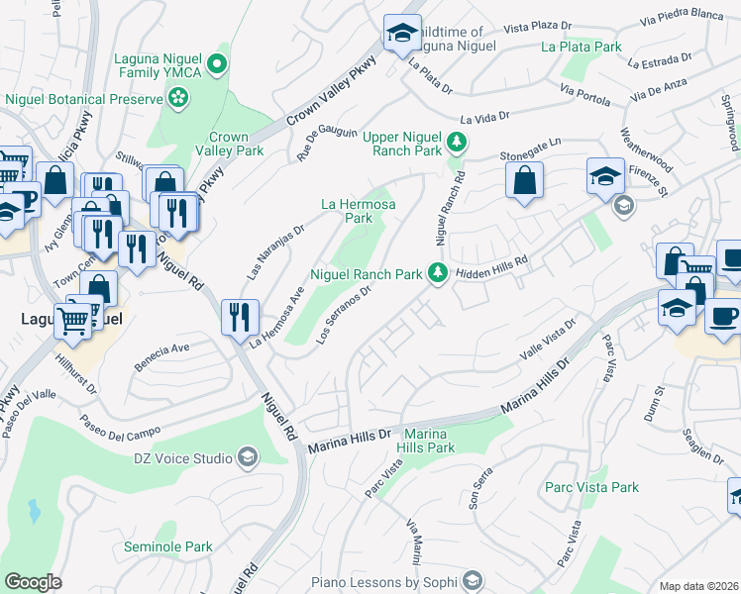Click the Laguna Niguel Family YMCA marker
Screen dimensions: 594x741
tap(223, 65)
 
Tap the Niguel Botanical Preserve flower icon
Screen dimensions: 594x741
tap(178, 98)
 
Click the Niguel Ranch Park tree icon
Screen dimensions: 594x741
tap(437, 273)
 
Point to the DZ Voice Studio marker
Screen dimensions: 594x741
tap(246, 457)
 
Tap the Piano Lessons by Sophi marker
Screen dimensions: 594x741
tap(474, 578)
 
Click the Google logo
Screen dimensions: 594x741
tap(33, 581)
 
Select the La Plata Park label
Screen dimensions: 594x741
tap(582, 47)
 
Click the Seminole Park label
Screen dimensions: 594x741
tap(168, 546)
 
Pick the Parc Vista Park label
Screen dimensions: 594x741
tap(591, 487)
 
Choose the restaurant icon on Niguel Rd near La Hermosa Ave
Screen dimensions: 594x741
tap(240, 318)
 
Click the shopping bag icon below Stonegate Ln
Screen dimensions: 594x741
tap(524, 181)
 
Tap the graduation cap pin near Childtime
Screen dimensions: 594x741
tap(402, 34)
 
